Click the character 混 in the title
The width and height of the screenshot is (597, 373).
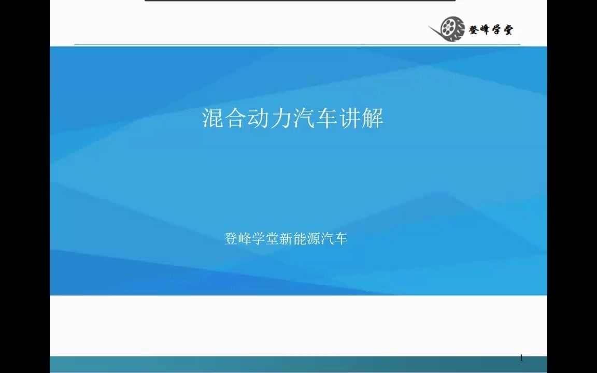213,119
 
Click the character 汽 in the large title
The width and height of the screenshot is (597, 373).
304,119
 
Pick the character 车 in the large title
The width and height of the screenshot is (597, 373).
327,119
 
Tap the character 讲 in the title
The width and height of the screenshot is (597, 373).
350,119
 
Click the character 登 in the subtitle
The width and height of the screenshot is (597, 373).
231,239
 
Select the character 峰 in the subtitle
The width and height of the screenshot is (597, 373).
245,239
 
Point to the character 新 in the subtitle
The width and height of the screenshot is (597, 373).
287,239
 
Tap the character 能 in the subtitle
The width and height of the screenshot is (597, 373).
301,239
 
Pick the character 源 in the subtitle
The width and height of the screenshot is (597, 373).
314,239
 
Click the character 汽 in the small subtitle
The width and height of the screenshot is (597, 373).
328,239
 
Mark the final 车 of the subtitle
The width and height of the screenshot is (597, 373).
341,239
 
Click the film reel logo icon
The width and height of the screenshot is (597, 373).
452,28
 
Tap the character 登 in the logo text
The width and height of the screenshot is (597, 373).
474,30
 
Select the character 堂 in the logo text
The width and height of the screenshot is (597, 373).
506,30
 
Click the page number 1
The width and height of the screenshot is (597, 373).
521,358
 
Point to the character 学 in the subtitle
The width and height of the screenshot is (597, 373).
259,239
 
